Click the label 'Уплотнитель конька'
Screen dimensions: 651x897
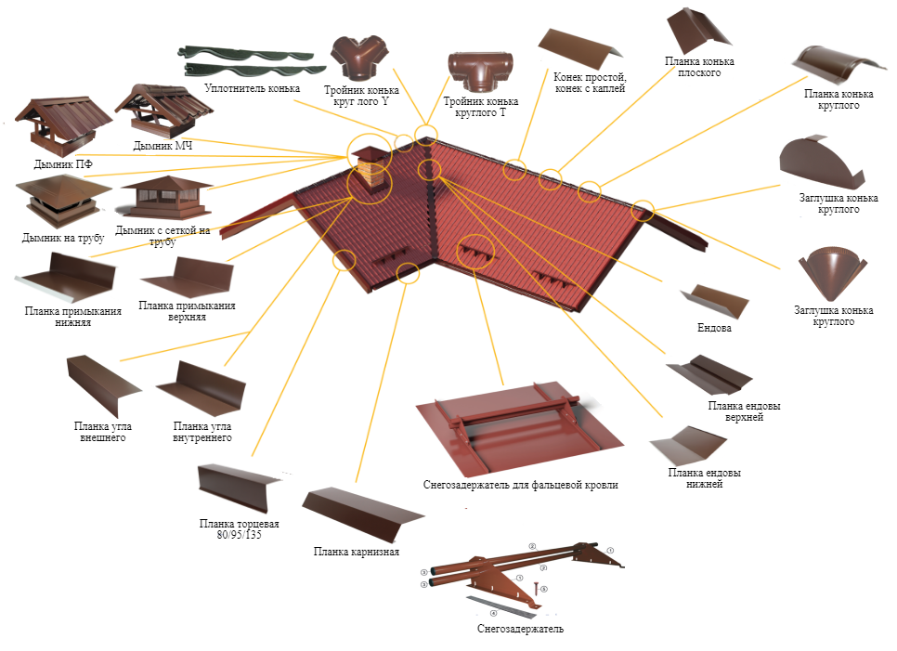[x=252, y=88]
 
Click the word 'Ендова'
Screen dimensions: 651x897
[x=715, y=327]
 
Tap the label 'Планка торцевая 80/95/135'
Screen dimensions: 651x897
[x=240, y=529]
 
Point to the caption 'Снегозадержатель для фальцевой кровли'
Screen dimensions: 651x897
[x=520, y=485]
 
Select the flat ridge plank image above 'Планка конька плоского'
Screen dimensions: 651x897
[x=696, y=30]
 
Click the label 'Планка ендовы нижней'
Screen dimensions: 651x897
[x=704, y=478]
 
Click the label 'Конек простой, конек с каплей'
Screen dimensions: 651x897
[x=589, y=83]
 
